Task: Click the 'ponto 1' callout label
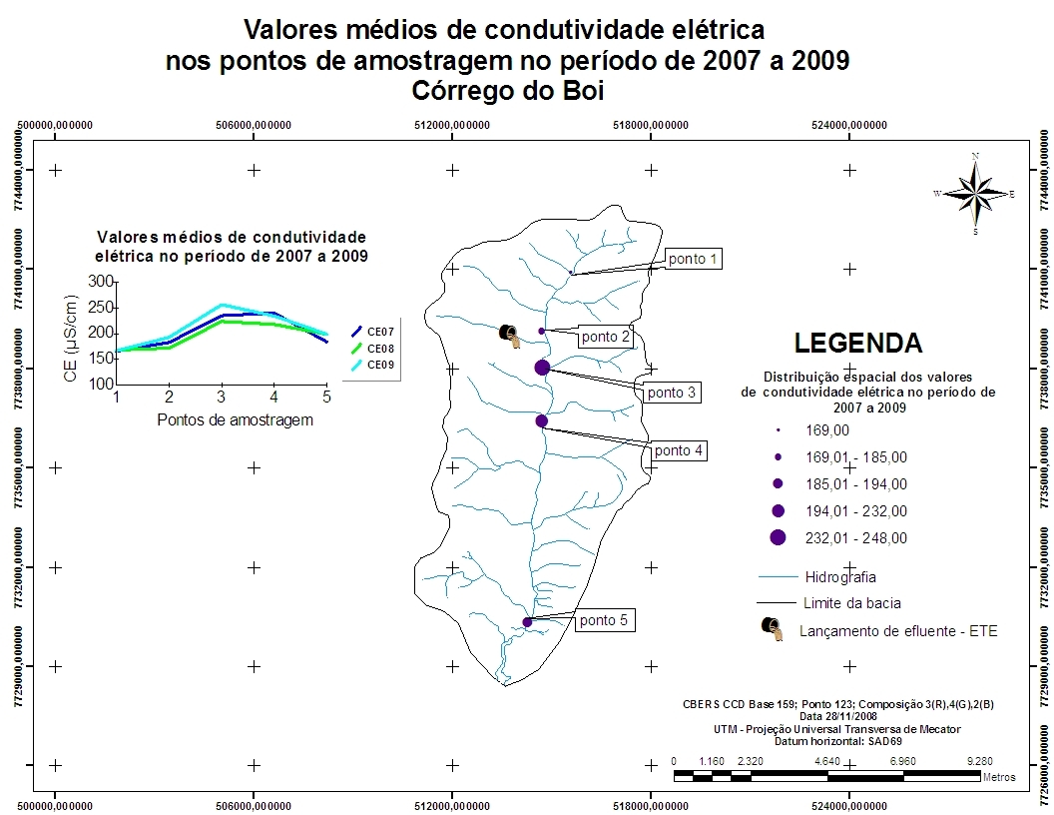pos(693,259)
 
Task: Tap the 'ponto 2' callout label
pos(606,337)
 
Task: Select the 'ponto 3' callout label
pos(672,393)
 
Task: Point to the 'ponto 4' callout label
pos(679,450)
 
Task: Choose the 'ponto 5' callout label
pos(604,620)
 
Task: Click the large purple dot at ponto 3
pos(542,368)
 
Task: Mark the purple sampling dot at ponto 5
pos(527,622)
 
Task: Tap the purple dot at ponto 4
pos(541,420)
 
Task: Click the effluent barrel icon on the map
pos(509,336)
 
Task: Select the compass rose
pos(975,192)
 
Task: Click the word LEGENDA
pos(857,344)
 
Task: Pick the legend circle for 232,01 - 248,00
pos(779,537)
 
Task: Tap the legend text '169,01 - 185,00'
pos(855,457)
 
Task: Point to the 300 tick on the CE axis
pos(101,282)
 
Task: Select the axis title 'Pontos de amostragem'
pos(236,419)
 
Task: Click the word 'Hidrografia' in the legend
pos(839,576)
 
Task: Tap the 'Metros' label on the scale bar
pos(999,776)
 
